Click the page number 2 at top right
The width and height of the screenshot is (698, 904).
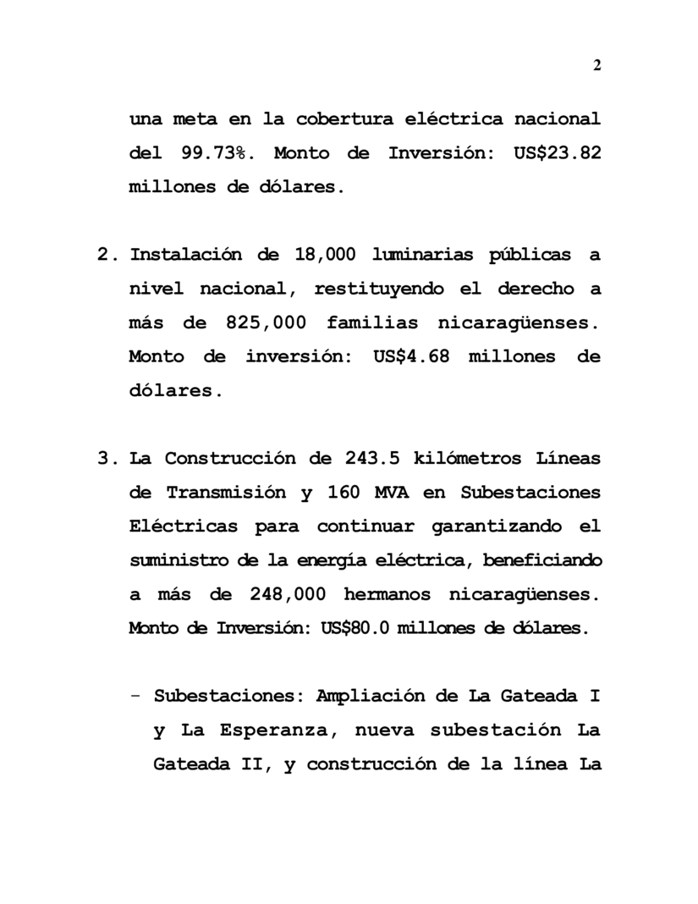coord(596,66)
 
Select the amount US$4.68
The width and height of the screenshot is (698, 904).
coord(409,356)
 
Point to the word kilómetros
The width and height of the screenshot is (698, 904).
coord(458,459)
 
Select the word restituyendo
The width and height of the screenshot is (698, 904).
coord(378,289)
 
